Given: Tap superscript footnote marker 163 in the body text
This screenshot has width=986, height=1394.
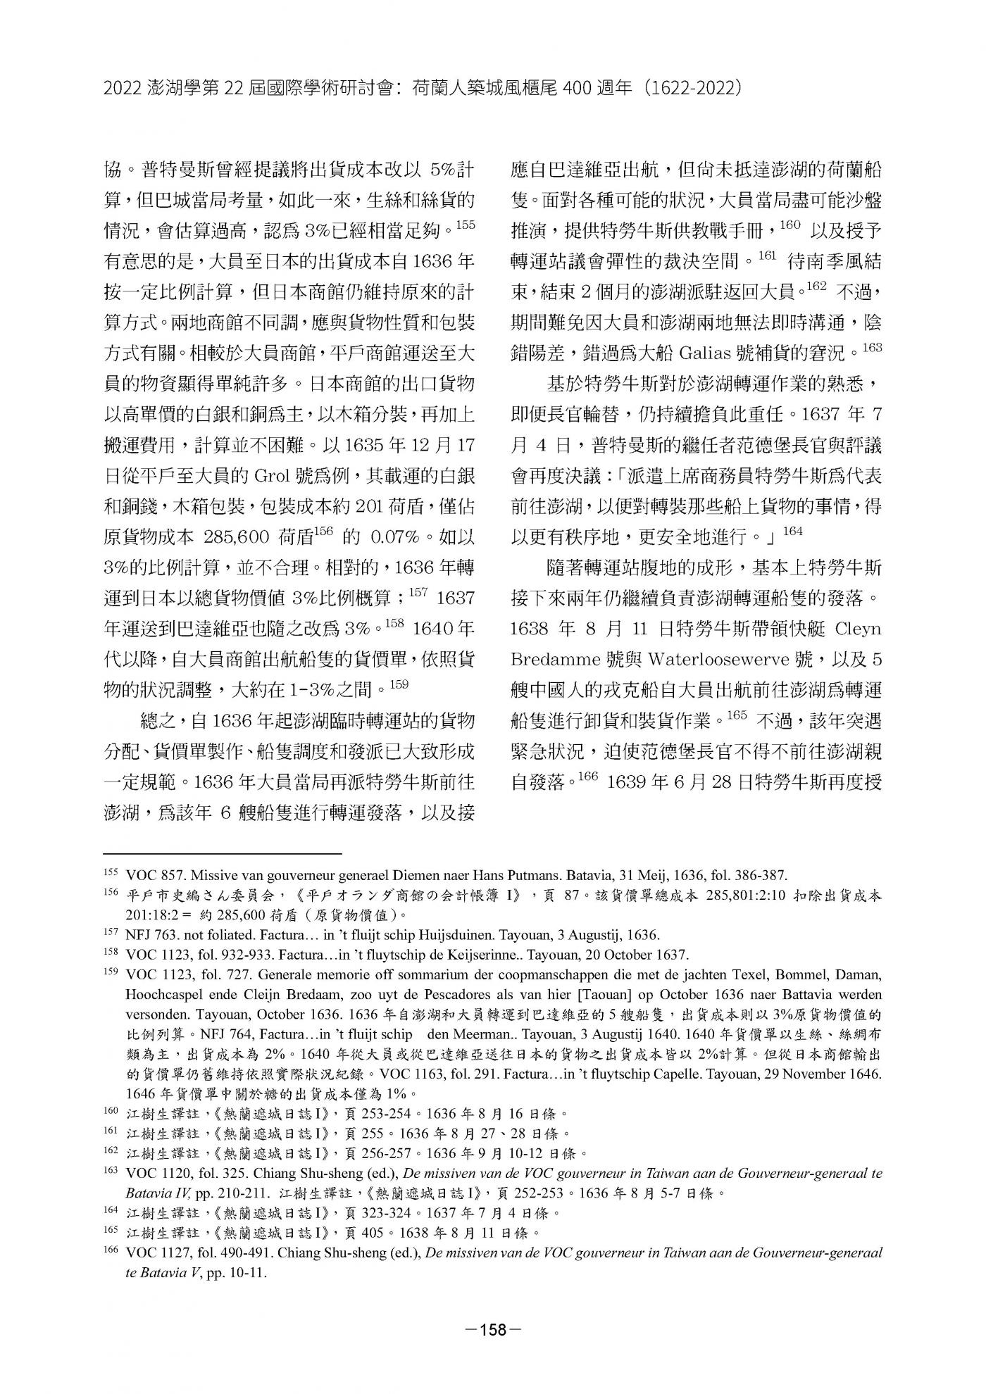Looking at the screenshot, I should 872,346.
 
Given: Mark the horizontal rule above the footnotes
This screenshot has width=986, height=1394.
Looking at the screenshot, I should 222,853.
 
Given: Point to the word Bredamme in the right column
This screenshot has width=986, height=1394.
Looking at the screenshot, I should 553,660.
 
